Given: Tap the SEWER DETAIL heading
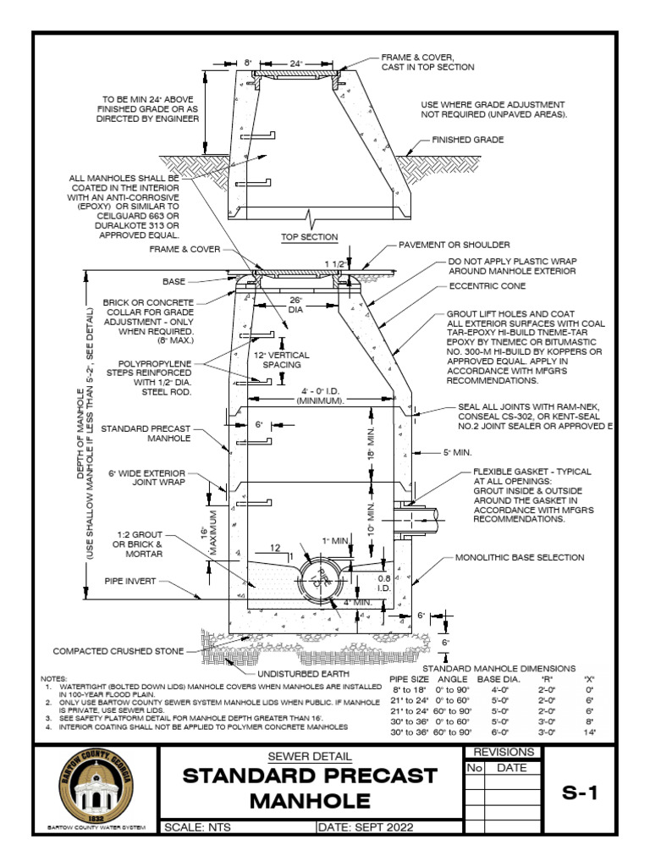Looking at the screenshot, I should pyautogui.click(x=309, y=756).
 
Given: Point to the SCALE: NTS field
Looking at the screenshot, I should pyautogui.click(x=196, y=827).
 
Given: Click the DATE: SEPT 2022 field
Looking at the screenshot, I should pyautogui.click(x=362, y=827).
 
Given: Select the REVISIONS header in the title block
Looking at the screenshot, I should pyautogui.click(x=504, y=752).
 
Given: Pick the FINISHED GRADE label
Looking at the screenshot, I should pyautogui.click(x=468, y=139).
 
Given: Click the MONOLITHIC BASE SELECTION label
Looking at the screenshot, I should pyautogui.click(x=520, y=558).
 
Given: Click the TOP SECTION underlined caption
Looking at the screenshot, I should pyautogui.click(x=310, y=237).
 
